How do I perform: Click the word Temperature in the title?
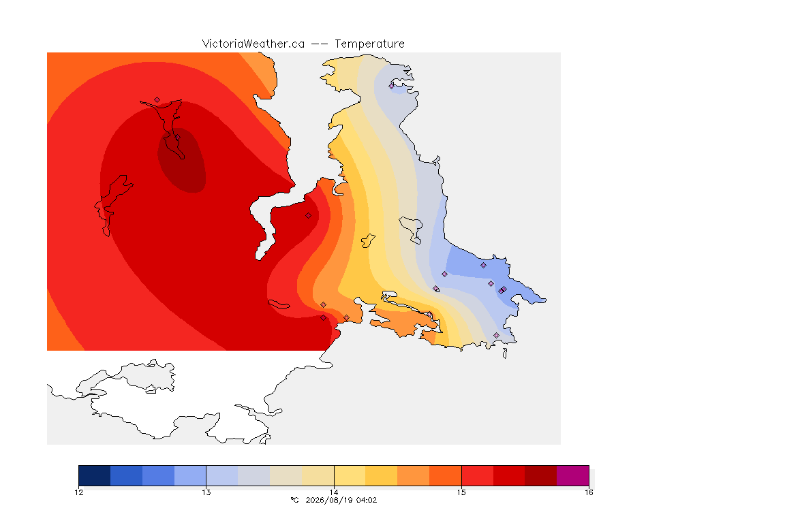point(369,44)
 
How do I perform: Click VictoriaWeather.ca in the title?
point(253,44)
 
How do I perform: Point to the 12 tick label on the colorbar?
point(79,492)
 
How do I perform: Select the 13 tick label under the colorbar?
point(206,492)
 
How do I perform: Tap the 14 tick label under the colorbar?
point(334,492)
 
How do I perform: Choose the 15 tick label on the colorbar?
point(461,492)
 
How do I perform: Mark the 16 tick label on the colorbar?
point(589,492)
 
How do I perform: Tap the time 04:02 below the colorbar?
point(367,500)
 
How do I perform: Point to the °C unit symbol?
point(294,500)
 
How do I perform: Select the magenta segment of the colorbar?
point(572,475)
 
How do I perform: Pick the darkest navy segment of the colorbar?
point(95,475)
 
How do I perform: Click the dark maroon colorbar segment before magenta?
point(540,475)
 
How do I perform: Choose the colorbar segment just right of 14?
point(350,475)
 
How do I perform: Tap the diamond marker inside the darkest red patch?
point(177,137)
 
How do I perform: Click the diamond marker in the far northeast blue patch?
point(392,86)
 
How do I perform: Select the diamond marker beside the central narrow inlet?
point(309,216)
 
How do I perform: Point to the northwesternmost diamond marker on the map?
point(157,100)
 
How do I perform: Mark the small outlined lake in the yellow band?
point(368,241)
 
